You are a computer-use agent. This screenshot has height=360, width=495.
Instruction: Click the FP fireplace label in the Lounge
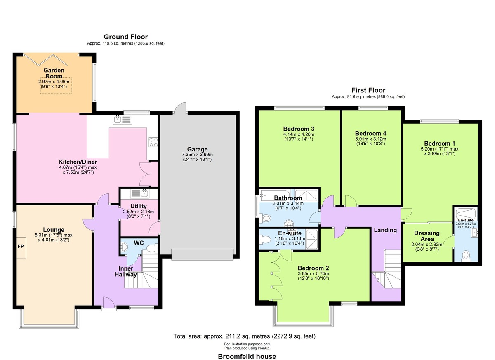point(21,246)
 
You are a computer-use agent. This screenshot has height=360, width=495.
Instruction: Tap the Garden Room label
point(54,73)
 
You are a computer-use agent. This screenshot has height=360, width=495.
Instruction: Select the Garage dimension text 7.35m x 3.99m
point(197,155)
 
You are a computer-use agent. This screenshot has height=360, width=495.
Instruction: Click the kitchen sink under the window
point(123,120)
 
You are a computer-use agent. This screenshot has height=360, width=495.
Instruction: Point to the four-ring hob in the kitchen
point(153,142)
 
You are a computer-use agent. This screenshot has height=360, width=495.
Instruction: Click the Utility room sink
point(140,194)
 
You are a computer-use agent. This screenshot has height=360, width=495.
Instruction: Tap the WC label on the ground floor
point(139,243)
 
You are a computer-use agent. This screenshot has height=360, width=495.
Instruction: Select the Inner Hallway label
point(126,271)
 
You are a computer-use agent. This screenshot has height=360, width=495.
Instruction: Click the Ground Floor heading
point(126,37)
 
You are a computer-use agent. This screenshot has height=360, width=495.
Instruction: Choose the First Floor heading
point(368,90)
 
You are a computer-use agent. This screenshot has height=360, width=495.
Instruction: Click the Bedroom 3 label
point(299,129)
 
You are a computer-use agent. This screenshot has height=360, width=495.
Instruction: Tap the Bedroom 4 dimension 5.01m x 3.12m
point(370,139)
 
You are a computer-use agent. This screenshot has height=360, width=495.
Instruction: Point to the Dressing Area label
point(427,236)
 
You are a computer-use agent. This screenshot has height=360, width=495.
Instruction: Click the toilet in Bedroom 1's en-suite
point(466,256)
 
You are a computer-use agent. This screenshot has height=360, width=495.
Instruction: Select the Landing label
point(385,230)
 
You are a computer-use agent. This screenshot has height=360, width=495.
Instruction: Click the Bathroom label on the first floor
point(288,198)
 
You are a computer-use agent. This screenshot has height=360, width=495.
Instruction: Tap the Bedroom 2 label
point(313,268)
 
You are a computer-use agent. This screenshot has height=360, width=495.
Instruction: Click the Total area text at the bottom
point(244,336)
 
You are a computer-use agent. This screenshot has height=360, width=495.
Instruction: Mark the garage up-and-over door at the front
point(203,254)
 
